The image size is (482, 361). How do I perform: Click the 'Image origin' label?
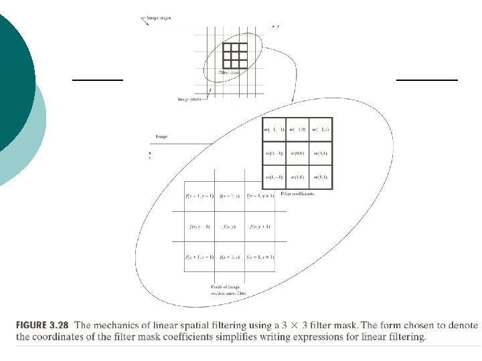(159, 18)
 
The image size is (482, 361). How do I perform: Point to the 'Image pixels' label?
(189, 99)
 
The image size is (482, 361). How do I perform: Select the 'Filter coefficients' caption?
(297, 194)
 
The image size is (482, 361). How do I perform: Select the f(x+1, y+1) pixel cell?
(261, 257)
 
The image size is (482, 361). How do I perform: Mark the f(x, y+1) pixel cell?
(261, 227)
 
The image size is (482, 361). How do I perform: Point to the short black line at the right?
(427, 80)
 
